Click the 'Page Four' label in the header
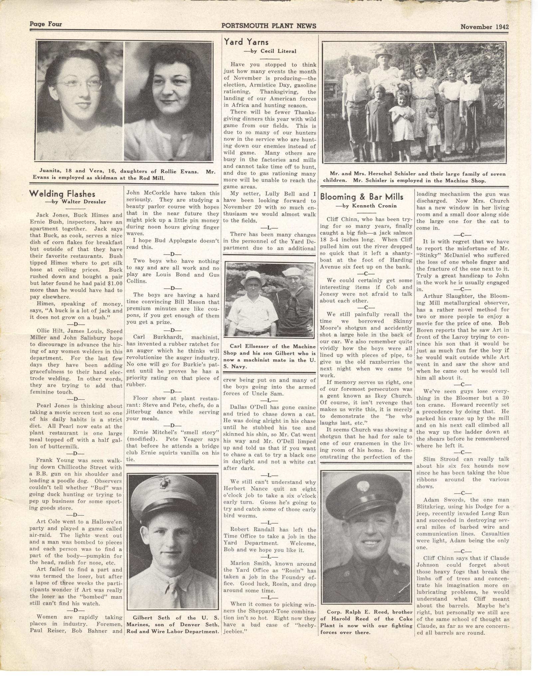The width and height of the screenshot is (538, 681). [x=46, y=24]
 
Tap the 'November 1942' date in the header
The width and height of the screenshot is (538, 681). [x=484, y=27]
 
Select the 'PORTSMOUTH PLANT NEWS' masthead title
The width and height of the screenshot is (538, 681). [x=269, y=26]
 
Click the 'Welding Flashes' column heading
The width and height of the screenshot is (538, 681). [x=62, y=194]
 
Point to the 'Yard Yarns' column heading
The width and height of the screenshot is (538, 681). [x=246, y=42]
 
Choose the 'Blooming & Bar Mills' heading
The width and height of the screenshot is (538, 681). [x=362, y=197]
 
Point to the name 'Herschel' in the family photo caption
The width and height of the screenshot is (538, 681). [x=392, y=174]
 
